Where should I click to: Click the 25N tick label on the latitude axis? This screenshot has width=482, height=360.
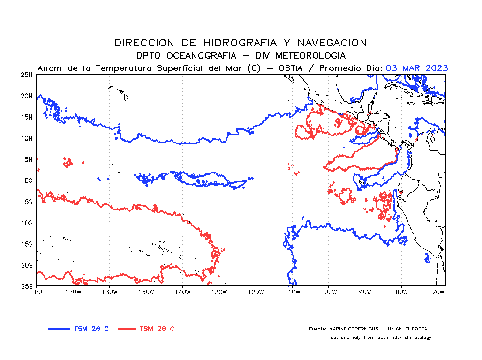(26, 75)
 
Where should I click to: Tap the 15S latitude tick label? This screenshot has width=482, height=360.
(26, 244)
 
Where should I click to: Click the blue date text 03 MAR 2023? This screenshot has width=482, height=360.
(417, 68)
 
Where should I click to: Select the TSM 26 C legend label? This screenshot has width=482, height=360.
(91, 329)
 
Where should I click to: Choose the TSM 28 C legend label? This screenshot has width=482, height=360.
(157, 329)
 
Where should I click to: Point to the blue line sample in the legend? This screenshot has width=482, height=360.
(59, 329)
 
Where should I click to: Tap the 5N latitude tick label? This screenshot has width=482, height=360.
(28, 159)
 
